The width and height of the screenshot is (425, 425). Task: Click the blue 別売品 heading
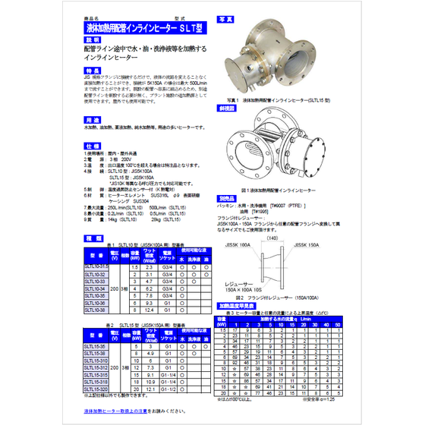pyautogui.click(x=226, y=197)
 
